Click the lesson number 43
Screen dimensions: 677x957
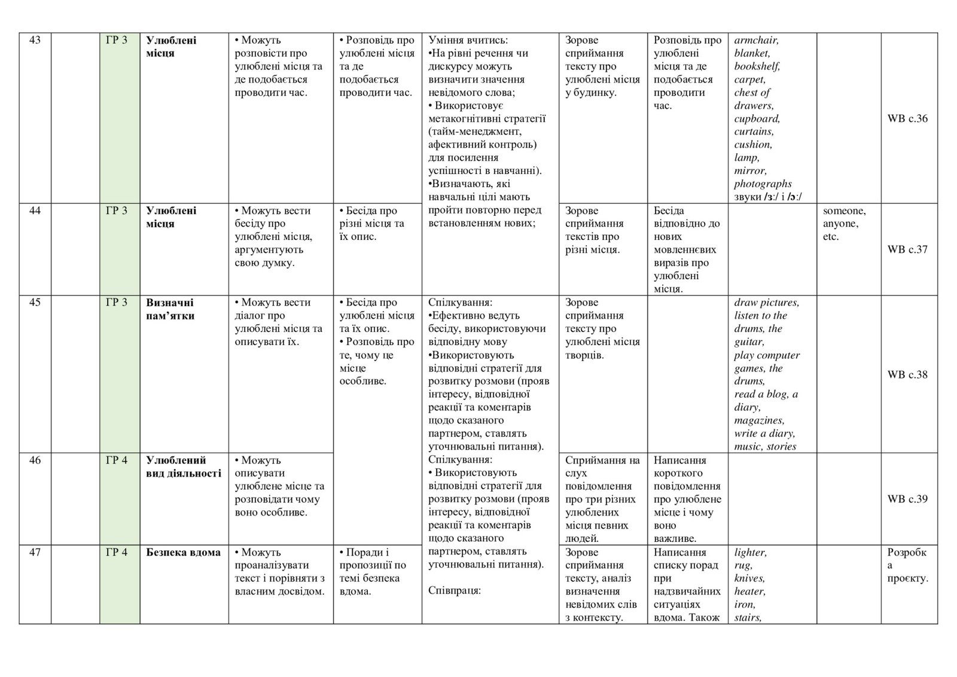[x=35, y=41]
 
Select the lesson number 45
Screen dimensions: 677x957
[x=35, y=303]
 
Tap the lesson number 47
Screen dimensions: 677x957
[x=35, y=553]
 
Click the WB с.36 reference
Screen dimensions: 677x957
[x=907, y=118]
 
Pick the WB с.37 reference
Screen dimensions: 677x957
[x=907, y=249]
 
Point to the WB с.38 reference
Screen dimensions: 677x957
[x=907, y=375]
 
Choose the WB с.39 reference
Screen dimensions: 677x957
[x=907, y=499]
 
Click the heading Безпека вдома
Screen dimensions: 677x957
[x=183, y=553]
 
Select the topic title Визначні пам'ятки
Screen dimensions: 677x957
[x=170, y=309]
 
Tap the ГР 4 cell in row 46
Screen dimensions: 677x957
[x=117, y=461]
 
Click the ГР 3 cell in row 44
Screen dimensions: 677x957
[x=117, y=211]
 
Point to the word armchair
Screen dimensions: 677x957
[x=756, y=41]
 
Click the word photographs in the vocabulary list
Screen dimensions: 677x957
[x=763, y=184]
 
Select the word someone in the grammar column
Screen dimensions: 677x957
[x=843, y=211]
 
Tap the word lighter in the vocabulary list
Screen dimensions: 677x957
[x=750, y=553]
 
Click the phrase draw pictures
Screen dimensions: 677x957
[x=766, y=303]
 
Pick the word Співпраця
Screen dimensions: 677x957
[x=455, y=591]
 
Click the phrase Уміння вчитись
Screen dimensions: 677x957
[x=468, y=41]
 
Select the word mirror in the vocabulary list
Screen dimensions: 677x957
[x=750, y=171]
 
